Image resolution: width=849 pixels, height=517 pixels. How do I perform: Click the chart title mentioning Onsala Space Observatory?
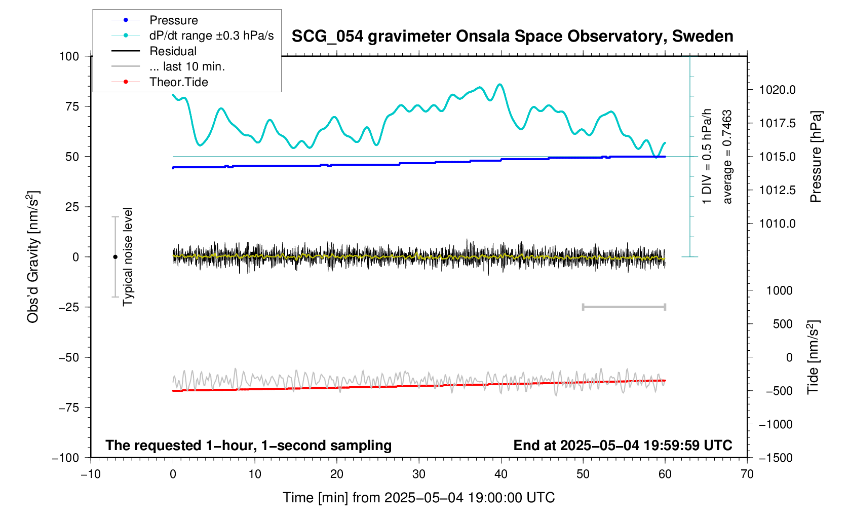pyautogui.click(x=512, y=36)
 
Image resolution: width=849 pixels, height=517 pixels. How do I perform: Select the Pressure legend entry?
pyautogui.click(x=173, y=20)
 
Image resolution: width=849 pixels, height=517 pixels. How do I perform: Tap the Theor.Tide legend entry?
pyautogui.click(x=178, y=82)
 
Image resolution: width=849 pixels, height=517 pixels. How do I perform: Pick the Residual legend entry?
pyautogui.click(x=173, y=51)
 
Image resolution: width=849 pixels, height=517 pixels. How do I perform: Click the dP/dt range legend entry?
pyautogui.click(x=211, y=35)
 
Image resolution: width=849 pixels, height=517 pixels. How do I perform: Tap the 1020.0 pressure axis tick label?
pyautogui.click(x=777, y=90)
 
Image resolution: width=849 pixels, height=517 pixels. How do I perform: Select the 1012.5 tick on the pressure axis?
pyautogui.click(x=777, y=191)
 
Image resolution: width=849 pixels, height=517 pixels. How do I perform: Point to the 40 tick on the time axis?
pyautogui.click(x=501, y=474)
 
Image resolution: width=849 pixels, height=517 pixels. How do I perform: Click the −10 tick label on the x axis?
pyautogui.click(x=91, y=474)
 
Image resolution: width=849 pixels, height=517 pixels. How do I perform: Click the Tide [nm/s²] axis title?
pyautogui.click(x=813, y=357)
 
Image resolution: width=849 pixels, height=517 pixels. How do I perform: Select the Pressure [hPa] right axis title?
pyautogui.click(x=816, y=157)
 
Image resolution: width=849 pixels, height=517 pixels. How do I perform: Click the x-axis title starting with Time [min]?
pyautogui.click(x=418, y=498)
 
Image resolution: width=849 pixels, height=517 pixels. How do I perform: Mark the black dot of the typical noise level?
pyautogui.click(x=115, y=257)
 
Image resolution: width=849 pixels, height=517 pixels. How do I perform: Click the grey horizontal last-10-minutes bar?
pyautogui.click(x=624, y=307)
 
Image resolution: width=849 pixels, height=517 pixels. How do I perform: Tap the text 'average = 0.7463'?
pyautogui.click(x=727, y=157)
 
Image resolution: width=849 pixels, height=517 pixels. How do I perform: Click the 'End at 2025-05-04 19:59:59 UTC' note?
pyautogui.click(x=623, y=446)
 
